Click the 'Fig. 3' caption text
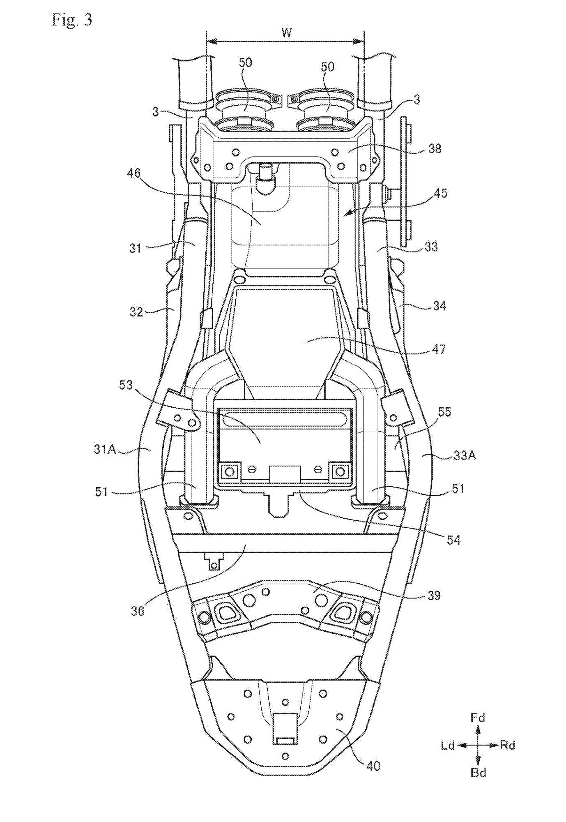pos(71,20)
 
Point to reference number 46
pos(134,173)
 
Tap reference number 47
pos(438,349)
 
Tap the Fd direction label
pos(478,718)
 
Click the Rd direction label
pos(508,746)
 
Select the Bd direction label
pos(478,773)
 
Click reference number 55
pos(444,412)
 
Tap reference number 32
pos(136,312)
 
